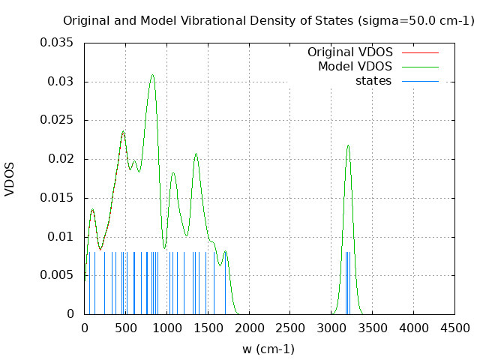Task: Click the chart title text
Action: point(268,20)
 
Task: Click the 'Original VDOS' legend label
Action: point(349,52)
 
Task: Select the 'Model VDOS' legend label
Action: point(355,66)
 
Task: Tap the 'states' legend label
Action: point(373,80)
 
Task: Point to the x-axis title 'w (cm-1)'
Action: point(268,349)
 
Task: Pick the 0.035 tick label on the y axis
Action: point(57,43)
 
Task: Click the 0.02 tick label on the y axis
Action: point(60,159)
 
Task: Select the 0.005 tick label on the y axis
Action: point(57,275)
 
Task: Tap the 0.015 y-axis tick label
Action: point(57,198)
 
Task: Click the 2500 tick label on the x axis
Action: point(289,328)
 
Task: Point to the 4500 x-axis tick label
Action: point(454,328)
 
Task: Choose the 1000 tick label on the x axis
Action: point(166,328)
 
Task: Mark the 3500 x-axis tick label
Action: point(372,328)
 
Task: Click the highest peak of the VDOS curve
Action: point(152,74)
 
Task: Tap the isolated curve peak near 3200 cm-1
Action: point(348,145)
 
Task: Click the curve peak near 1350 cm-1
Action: point(196,154)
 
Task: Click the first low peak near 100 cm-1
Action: point(92,209)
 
